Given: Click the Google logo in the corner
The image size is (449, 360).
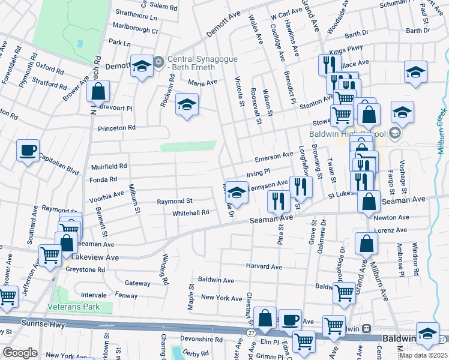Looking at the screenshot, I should [20, 352].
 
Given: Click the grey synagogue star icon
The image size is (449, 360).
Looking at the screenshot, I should [159, 61].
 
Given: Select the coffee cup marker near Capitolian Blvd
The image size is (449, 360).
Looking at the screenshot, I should [28, 150].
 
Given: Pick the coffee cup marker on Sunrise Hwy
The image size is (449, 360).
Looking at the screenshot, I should [290, 319].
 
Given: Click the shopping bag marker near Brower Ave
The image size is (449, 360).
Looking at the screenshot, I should [98, 92].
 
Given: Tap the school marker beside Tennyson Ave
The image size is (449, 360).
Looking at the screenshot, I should [237, 192].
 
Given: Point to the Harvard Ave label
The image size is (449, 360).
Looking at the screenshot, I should [264, 266].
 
